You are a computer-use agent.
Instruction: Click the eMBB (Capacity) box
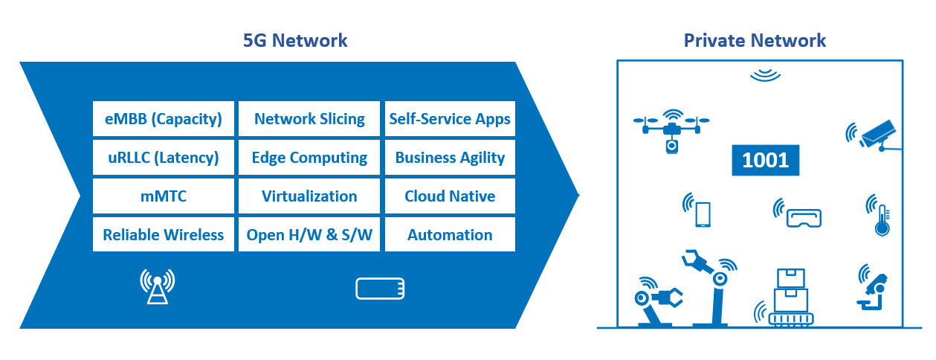coord(164,119)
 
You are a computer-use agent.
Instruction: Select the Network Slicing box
coord(309,119)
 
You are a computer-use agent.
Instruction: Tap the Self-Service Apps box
coord(450,119)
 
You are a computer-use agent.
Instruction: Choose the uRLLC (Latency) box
coord(164,157)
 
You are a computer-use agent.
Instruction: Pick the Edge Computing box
coord(309,157)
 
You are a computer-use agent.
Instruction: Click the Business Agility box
coord(450,157)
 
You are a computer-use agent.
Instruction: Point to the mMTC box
coord(164,196)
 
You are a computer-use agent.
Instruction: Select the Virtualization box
coord(309,196)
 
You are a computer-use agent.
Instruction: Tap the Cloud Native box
coord(450,196)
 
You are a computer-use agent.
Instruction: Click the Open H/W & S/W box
coord(309,234)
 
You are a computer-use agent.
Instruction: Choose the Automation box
coord(450,234)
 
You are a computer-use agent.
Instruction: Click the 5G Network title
coord(295,41)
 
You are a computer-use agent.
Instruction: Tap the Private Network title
coord(755,41)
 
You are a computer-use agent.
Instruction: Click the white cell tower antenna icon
coord(158,286)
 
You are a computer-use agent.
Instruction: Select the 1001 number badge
coord(766,160)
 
